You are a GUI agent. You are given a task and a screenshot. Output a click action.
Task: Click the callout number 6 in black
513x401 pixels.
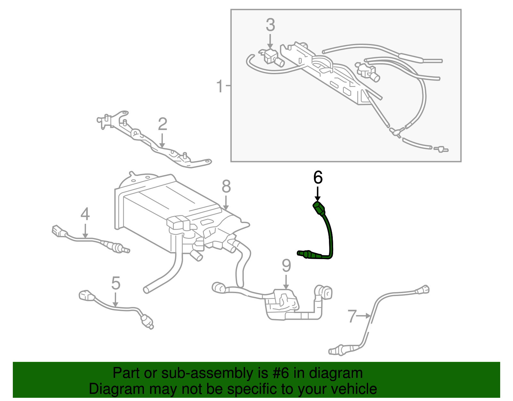coord(318,178)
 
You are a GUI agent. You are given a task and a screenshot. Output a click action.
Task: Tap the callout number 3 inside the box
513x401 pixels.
coord(270,25)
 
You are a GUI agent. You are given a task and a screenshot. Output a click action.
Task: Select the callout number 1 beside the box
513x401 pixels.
coord(220,86)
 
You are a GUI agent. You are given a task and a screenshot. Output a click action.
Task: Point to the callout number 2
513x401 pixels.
coord(163,124)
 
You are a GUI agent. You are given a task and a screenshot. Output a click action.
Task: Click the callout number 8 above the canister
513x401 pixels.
coord(226,187)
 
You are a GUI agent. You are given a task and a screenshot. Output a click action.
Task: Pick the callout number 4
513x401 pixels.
coord(85,214)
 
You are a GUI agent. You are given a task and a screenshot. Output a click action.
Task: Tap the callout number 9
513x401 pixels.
coord(286,266)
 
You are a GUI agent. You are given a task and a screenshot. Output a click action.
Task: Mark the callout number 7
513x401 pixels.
coord(352,316)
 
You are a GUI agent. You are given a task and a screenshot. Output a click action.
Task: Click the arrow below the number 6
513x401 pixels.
coord(317,194)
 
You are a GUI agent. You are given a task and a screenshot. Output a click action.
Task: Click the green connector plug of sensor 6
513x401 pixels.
coord(319,208)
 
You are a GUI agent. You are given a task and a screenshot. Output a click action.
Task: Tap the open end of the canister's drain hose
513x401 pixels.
coord(147,290)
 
